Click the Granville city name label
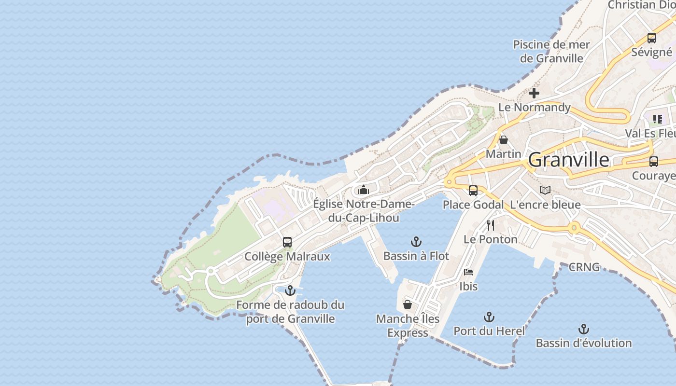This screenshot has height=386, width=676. click(x=568, y=160)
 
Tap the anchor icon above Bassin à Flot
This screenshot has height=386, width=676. click(x=416, y=242)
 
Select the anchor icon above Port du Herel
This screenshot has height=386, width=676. click(x=489, y=317)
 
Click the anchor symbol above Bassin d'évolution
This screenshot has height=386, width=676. click(x=584, y=329)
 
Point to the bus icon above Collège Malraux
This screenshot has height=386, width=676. click(x=287, y=242)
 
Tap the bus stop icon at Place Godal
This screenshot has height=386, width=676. click(x=473, y=191)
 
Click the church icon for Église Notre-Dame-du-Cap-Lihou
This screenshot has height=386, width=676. click(x=364, y=190)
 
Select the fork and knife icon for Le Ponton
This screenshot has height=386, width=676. click(x=491, y=225)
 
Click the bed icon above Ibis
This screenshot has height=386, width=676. click(x=468, y=272)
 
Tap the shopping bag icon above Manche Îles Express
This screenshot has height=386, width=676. click(x=408, y=304)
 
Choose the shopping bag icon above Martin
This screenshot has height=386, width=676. click(x=504, y=140)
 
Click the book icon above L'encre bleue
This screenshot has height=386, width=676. click(x=545, y=191)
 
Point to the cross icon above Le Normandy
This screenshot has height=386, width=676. click(x=534, y=93)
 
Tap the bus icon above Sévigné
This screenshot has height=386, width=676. click(x=651, y=38)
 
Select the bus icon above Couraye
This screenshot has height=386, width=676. click(x=653, y=162)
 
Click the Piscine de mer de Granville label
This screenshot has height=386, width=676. click(x=551, y=52)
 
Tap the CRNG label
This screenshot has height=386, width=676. click(x=584, y=267)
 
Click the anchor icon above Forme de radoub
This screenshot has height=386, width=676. click(x=290, y=290)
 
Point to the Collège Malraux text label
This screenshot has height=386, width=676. click(x=287, y=257)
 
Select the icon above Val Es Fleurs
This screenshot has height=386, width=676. click(x=657, y=119)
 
